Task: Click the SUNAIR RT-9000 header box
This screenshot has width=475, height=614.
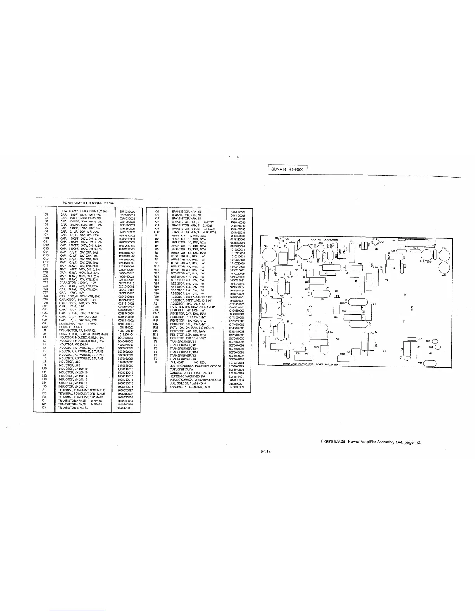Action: pyautogui.click(x=288, y=170)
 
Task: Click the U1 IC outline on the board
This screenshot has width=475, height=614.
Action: pyautogui.click(x=352, y=251)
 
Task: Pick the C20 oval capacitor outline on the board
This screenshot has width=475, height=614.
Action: pyautogui.click(x=430, y=363)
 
